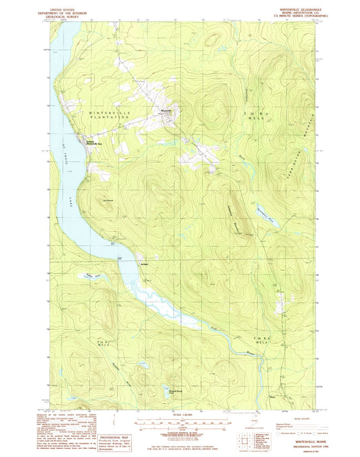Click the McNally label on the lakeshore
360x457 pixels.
[144, 255]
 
